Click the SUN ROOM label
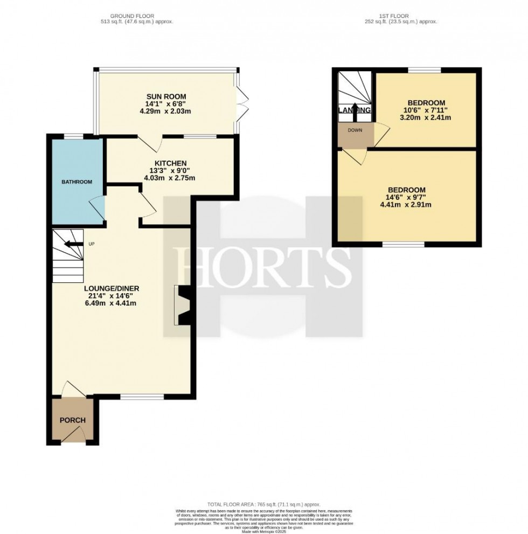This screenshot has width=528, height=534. [165, 96]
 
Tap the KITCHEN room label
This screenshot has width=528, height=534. [171, 163]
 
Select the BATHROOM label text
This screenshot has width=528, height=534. [76, 182]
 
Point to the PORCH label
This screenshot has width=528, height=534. [72, 420]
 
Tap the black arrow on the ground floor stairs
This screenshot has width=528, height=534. [70, 244]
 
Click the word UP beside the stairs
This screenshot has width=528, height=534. [91, 244]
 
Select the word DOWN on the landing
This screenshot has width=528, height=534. [355, 130]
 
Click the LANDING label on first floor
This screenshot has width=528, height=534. [355, 110]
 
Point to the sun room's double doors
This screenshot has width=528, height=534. [241, 103]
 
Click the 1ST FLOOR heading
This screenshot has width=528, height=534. [399, 16]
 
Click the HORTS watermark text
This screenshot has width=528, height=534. [263, 264]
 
